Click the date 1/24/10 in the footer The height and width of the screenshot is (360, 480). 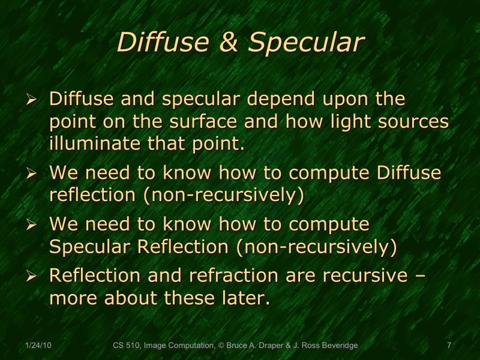point(38,346)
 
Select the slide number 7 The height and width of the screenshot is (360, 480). point(449,346)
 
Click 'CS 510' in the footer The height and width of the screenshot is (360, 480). point(127,346)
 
